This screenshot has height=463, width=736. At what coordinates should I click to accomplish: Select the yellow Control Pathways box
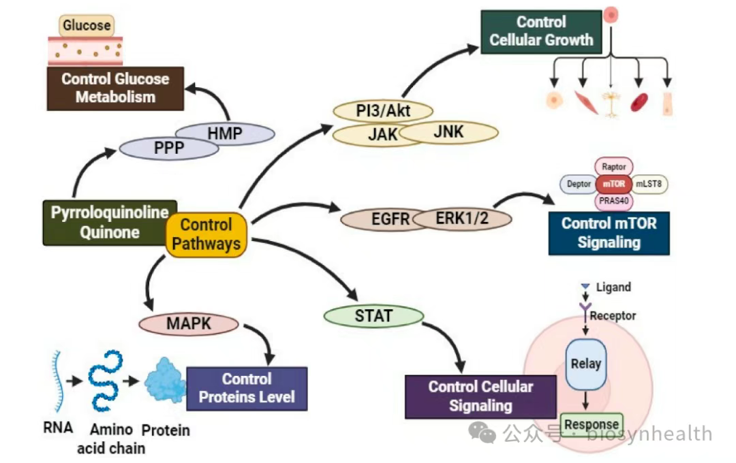click(x=206, y=234)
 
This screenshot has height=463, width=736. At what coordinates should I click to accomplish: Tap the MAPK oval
click(x=189, y=324)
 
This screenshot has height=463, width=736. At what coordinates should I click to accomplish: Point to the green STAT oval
click(x=373, y=315)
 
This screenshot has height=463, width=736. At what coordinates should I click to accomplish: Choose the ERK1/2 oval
click(x=462, y=219)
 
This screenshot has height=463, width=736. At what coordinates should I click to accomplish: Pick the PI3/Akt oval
click(x=383, y=110)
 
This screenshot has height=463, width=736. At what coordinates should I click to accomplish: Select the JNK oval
click(x=449, y=132)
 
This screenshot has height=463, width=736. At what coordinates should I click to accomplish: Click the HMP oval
click(x=225, y=133)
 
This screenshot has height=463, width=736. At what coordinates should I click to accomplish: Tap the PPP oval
click(x=169, y=148)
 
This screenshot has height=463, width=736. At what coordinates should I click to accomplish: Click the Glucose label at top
click(x=87, y=26)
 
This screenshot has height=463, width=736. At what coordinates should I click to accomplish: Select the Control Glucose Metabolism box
click(x=115, y=88)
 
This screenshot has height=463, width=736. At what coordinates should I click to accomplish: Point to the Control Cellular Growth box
click(x=541, y=31)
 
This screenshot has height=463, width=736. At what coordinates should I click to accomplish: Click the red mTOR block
click(x=613, y=184)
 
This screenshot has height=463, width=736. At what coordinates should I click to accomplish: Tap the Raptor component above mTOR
click(x=614, y=165)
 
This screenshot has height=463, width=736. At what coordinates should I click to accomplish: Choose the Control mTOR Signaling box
click(x=609, y=233)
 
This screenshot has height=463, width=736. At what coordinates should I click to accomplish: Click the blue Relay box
click(x=585, y=364)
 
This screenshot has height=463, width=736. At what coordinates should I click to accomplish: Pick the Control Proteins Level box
click(x=247, y=388)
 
